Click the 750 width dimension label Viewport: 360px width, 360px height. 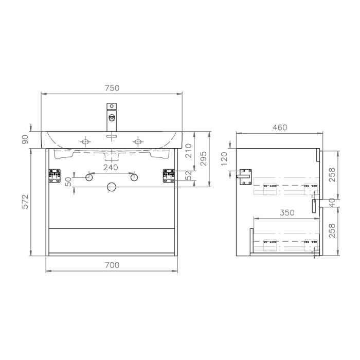[x=112, y=88]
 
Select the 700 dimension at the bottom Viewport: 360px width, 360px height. [x=112, y=265]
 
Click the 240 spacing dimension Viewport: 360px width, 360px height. [x=111, y=167]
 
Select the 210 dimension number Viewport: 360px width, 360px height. [x=188, y=150]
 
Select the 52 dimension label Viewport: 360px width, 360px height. [x=188, y=176]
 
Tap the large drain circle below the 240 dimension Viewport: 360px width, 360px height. [x=112, y=187]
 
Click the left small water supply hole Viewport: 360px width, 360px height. [x=89, y=177]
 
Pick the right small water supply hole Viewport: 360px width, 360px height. [x=134, y=177]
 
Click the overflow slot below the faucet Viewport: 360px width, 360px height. [x=112, y=137]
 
